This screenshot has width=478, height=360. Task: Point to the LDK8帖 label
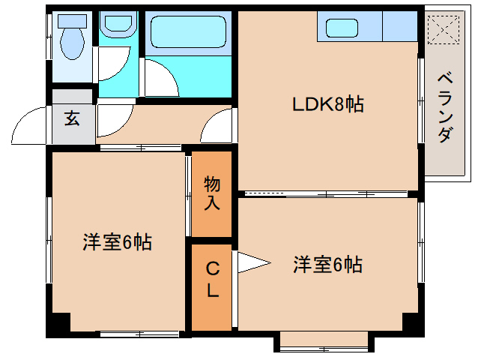click(x=327, y=104)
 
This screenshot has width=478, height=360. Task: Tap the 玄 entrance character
click(x=72, y=118)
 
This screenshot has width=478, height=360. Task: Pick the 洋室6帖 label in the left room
click(x=117, y=242)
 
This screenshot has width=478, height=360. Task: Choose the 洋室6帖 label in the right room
click(x=327, y=265)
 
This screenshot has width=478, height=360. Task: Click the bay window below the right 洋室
click(x=324, y=341)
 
